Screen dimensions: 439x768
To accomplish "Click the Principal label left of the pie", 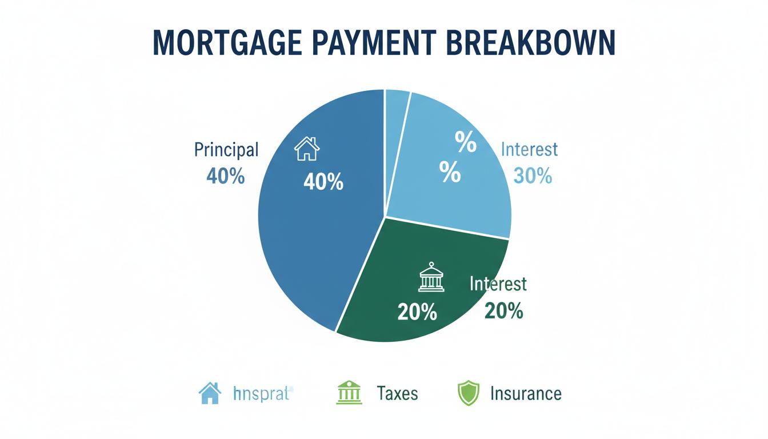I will point(226,150).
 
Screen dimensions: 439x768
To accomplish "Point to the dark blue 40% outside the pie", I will point(225,176).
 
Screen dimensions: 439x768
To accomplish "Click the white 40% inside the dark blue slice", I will point(323,182).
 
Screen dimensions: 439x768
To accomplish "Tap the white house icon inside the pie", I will point(307,149).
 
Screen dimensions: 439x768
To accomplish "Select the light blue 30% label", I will point(533,175).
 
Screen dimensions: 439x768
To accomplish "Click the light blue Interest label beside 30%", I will point(529,150).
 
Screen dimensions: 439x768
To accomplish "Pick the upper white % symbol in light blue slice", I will point(465,142).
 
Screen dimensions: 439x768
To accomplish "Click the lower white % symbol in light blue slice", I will point(450,172).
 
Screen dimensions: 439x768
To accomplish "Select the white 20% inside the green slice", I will point(417,312).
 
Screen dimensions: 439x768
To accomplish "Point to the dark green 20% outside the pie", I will point(503,310).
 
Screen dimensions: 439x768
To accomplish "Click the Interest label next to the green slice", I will point(498,284).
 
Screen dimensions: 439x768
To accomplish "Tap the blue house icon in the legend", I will point(210,393).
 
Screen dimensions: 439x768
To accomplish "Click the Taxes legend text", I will point(397,393).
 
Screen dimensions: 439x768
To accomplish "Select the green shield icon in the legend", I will point(468,393).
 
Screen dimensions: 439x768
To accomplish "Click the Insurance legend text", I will point(526,393).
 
